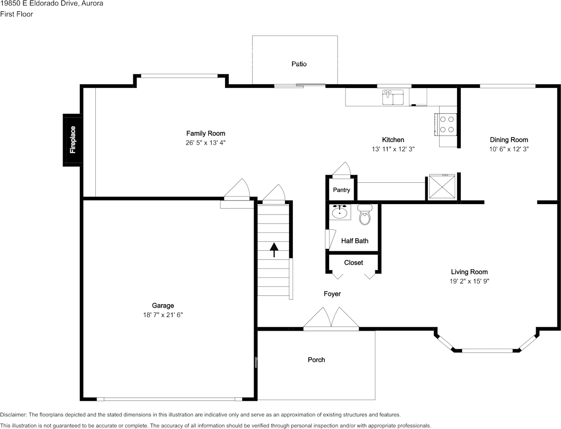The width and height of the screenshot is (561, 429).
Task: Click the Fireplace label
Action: click(73, 140)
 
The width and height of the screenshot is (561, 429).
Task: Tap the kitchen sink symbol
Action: click(393, 97)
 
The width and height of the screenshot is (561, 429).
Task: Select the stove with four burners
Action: click(445, 124)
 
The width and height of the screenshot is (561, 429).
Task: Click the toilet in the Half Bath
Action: click(365, 214)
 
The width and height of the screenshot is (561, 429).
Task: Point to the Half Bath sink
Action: click(340, 212)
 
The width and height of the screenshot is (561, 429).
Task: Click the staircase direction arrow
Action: click(274, 250)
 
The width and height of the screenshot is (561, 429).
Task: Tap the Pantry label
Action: click(341, 190)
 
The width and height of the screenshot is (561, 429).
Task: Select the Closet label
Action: click(354, 263)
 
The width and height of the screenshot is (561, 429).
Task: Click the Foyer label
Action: click(332, 294)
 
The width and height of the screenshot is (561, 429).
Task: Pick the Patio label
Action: click(299, 64)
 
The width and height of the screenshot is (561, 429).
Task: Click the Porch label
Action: click(316, 360)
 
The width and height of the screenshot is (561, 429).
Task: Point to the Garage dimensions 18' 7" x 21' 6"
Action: click(163, 315)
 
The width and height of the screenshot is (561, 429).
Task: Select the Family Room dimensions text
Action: click(206, 142)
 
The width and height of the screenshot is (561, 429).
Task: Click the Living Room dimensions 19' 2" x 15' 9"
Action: click(469, 281)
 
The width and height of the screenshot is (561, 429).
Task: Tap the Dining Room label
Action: click(509, 140)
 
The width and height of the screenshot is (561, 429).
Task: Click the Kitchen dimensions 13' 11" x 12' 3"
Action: click(393, 149)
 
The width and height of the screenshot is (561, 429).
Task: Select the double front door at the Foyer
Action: click(331, 319)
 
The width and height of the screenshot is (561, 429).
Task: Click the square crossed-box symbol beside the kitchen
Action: click(442, 186)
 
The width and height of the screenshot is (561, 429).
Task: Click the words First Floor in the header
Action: click(17, 14)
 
